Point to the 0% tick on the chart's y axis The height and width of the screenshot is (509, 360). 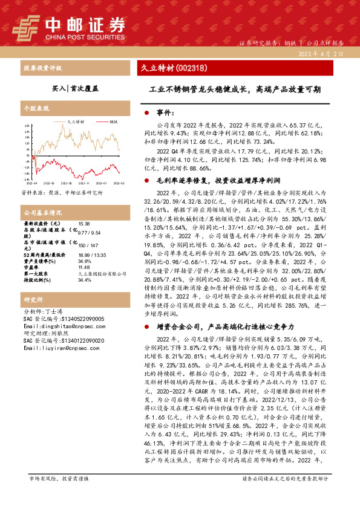click(26, 152)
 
